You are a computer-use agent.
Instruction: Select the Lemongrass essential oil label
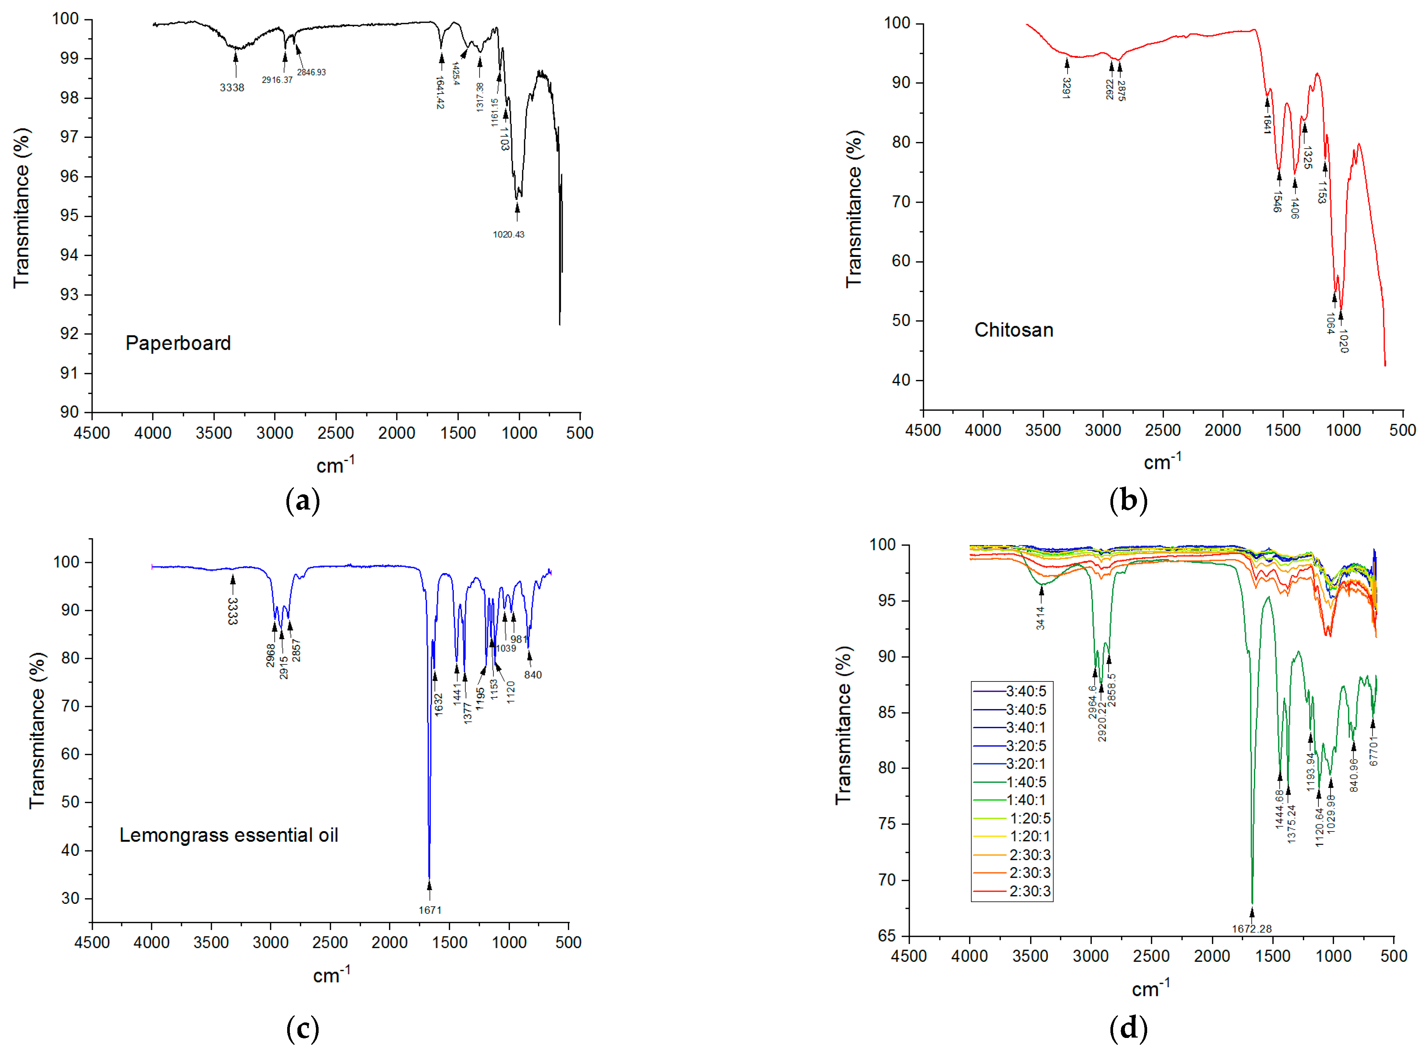click(228, 835)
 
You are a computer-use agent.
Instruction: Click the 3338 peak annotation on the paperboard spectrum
click(232, 88)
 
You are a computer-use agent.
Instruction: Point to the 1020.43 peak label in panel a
click(508, 234)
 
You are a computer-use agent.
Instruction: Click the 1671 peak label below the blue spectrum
click(430, 910)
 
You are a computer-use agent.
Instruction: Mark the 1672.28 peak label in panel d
click(1252, 928)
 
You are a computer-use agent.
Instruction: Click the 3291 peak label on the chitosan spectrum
click(1066, 88)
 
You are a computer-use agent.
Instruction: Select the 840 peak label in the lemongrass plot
click(533, 675)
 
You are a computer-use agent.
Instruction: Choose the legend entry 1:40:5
click(1026, 781)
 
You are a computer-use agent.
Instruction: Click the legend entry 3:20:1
click(1026, 764)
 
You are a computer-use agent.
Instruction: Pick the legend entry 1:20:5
click(1029, 818)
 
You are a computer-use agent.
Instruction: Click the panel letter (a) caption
click(303, 501)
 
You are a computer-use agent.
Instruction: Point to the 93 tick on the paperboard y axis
click(70, 294)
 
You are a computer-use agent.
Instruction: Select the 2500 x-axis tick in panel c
click(330, 942)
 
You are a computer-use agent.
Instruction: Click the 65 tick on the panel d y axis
click(887, 936)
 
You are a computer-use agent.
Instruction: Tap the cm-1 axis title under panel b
click(1162, 461)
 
